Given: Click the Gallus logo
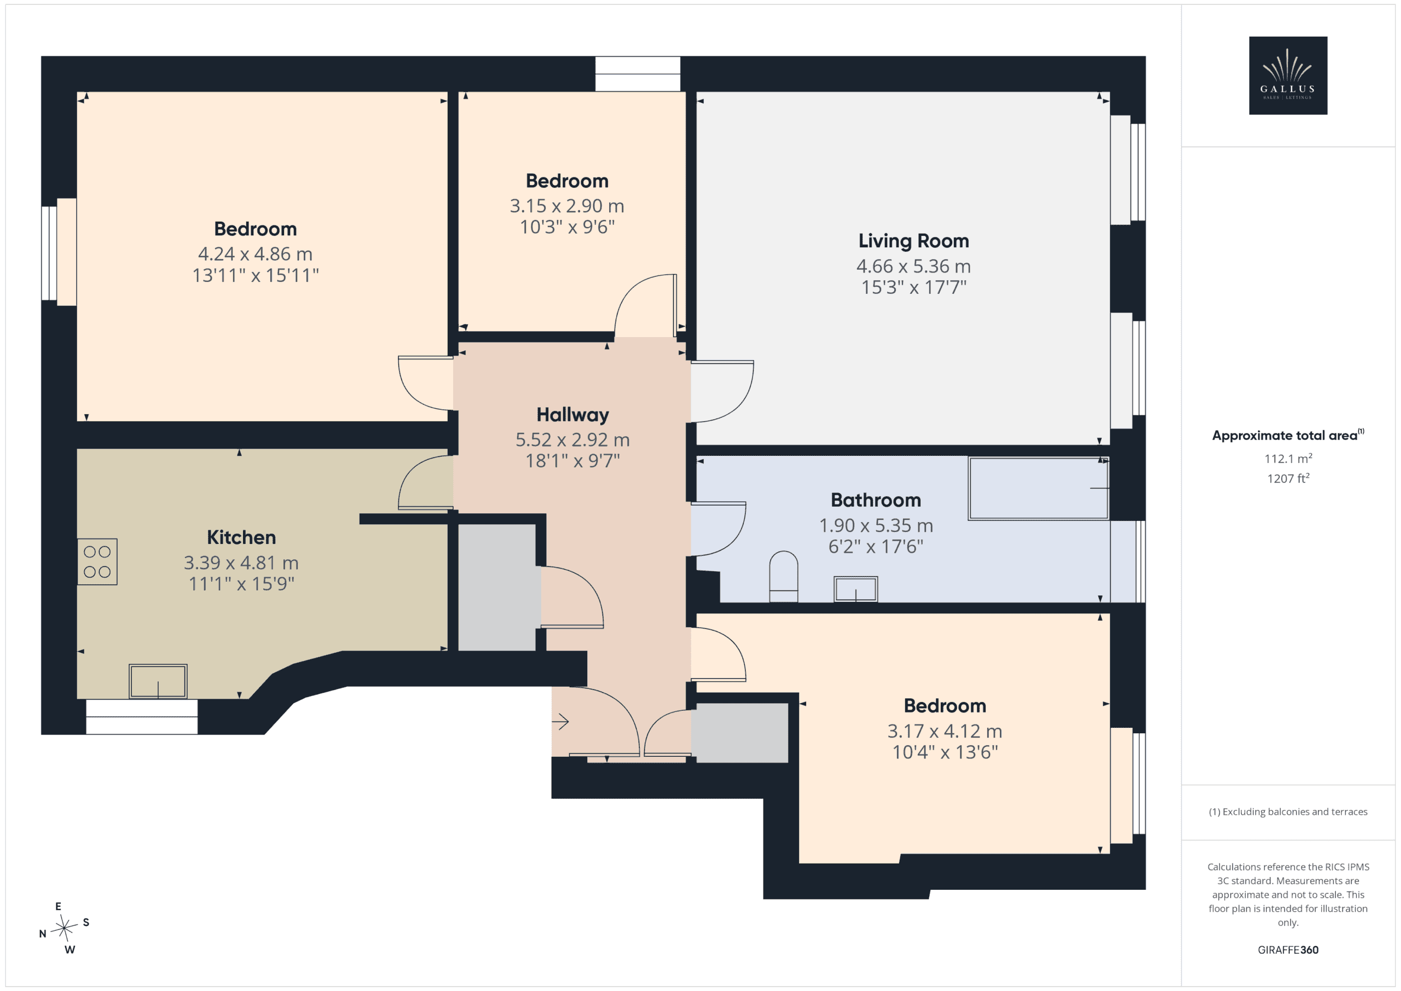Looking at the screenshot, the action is click(x=1288, y=76).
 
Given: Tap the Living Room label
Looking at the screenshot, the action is click(x=913, y=241).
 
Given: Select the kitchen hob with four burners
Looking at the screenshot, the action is click(x=97, y=561).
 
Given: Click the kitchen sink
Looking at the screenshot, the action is click(x=158, y=681).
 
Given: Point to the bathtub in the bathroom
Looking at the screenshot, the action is click(x=1039, y=488).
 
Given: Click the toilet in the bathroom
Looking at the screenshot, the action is click(x=784, y=576).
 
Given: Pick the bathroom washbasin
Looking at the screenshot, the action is click(x=855, y=589).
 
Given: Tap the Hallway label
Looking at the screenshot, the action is click(x=572, y=415).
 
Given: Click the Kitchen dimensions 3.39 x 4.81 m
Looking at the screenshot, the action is click(x=241, y=563).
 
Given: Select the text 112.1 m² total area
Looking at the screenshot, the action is click(x=1288, y=458).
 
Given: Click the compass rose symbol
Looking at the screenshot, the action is click(x=64, y=928).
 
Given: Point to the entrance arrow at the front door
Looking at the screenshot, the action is click(x=560, y=722).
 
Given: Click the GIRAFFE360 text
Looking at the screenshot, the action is click(x=1288, y=949).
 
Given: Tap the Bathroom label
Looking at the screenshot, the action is click(x=876, y=500).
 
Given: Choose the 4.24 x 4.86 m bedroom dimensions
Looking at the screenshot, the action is click(x=255, y=254).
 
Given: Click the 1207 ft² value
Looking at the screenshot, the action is click(x=1288, y=478).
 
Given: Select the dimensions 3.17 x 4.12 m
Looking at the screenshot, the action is click(x=945, y=731).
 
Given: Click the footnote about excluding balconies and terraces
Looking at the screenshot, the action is click(x=1288, y=812).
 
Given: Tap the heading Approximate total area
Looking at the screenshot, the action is click(x=1288, y=435).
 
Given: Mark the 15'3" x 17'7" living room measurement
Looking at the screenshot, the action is click(x=913, y=287).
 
